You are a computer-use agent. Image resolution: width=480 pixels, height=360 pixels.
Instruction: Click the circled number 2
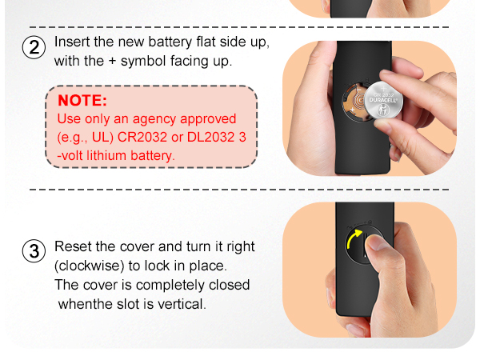tap(34, 47)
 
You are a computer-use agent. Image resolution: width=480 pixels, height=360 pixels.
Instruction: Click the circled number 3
tap(34, 251)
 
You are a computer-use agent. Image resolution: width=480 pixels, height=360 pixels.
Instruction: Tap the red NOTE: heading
tap(82, 101)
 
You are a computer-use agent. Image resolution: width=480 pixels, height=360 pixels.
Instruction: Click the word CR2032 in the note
tap(142, 137)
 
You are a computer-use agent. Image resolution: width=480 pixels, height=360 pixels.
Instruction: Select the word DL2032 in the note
tap(211, 137)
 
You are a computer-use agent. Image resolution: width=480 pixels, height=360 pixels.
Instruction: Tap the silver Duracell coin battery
tap(383, 100)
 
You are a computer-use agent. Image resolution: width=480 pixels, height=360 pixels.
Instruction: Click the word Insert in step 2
tap(72, 42)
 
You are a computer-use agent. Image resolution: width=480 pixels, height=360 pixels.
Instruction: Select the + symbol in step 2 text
tap(112, 61)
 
